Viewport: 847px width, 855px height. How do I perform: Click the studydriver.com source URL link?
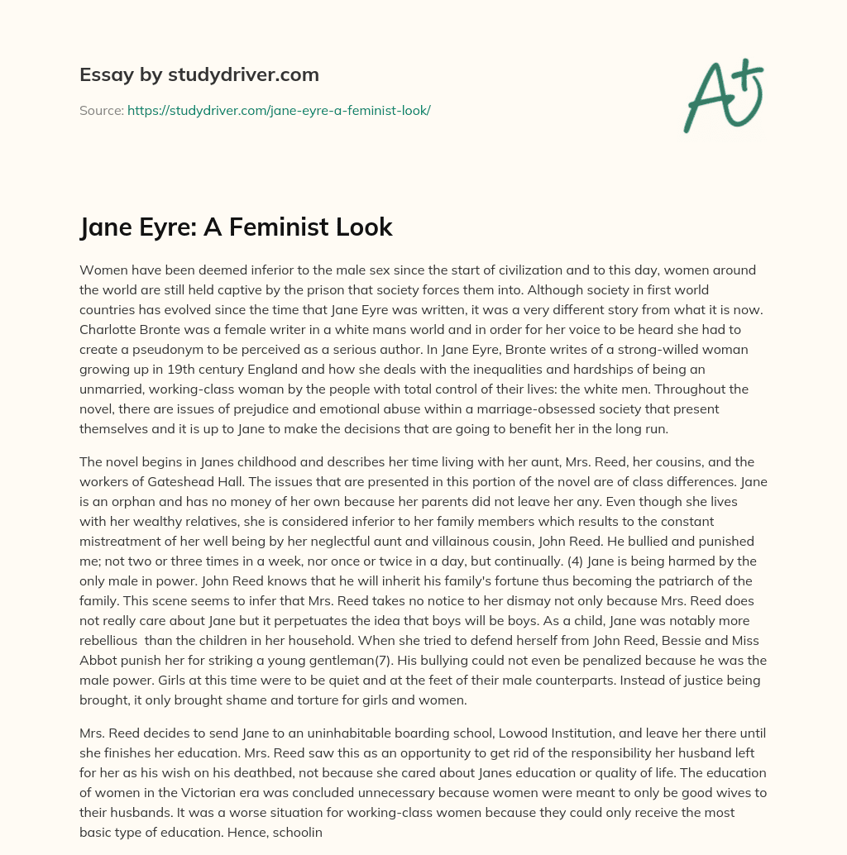point(279,110)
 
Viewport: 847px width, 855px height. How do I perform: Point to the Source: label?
point(102,110)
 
